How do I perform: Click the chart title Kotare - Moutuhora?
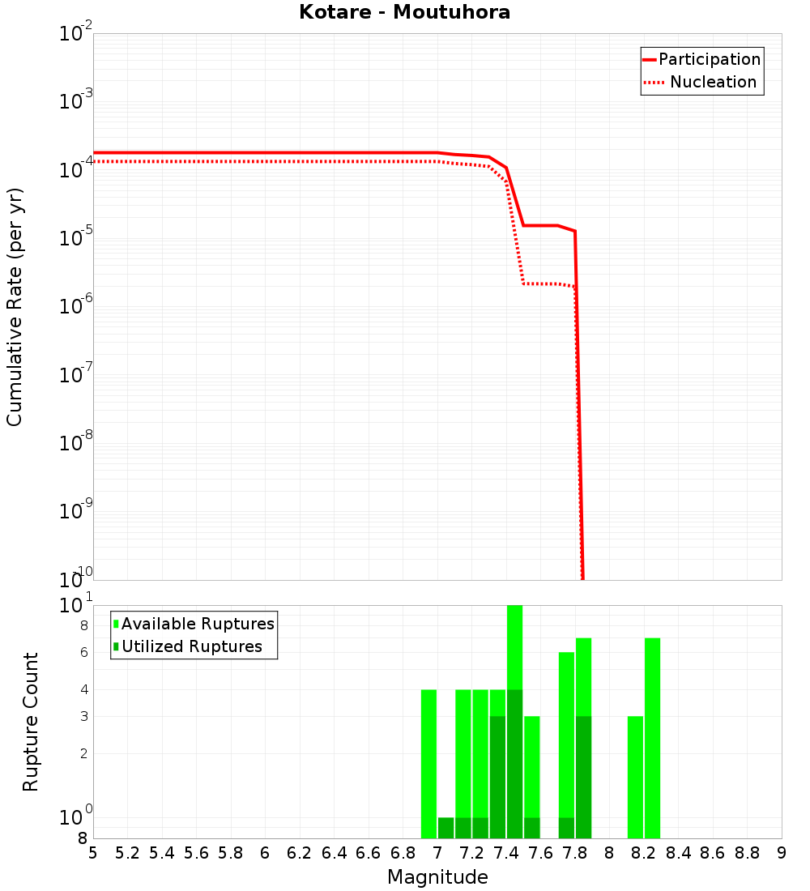(x=404, y=12)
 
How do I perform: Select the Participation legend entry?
(x=710, y=59)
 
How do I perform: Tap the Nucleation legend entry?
(x=713, y=82)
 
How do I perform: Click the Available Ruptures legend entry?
(x=198, y=624)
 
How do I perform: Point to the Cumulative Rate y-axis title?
(x=15, y=307)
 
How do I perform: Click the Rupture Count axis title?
(x=31, y=722)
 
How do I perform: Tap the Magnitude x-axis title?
(x=437, y=877)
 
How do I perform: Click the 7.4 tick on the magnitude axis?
(x=506, y=852)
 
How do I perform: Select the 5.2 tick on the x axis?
(x=127, y=852)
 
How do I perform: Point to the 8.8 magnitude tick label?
(x=747, y=852)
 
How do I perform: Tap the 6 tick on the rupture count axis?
(x=84, y=653)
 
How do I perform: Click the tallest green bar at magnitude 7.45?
(x=514, y=648)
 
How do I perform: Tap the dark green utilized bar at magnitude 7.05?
(x=446, y=828)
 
